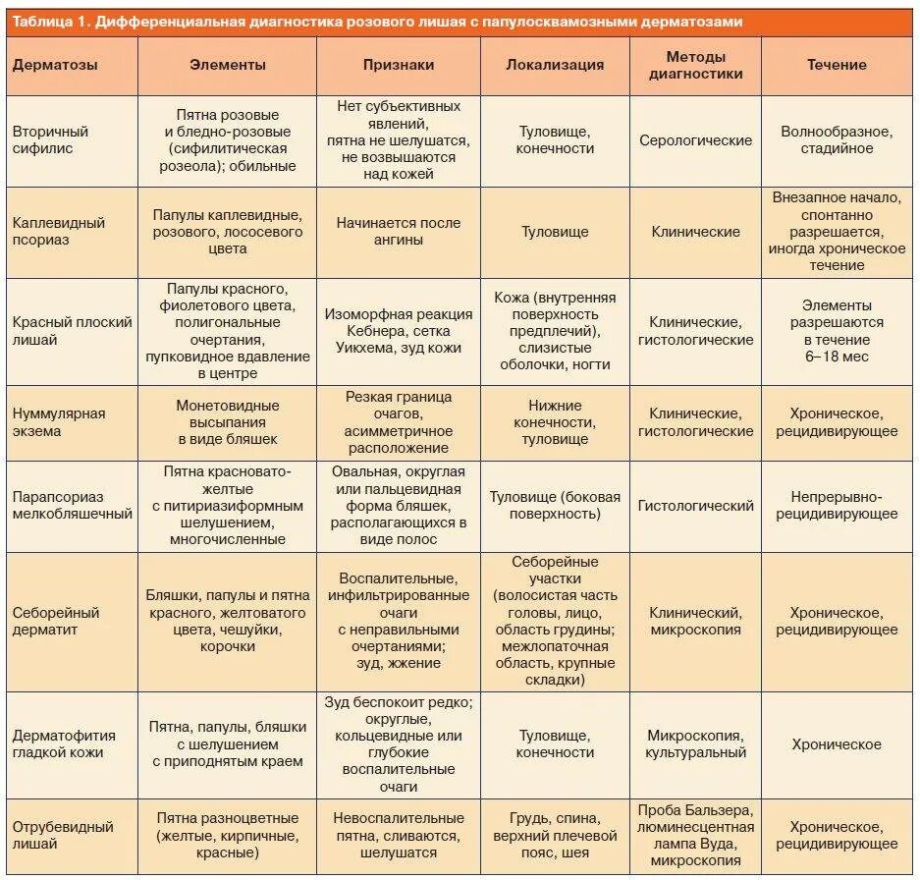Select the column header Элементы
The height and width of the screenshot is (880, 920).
[x=228, y=65]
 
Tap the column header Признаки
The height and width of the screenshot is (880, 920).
[x=399, y=65]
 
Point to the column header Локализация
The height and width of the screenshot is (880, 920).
[x=555, y=65]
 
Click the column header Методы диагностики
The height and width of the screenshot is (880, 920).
[x=696, y=65]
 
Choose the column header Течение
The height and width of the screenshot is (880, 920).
[x=837, y=65]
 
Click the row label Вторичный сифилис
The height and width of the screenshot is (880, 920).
[x=50, y=139]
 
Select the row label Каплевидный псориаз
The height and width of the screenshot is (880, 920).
[x=59, y=232]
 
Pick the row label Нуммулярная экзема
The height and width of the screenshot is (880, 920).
[x=58, y=423]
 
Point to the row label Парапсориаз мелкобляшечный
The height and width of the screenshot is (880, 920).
[x=72, y=505]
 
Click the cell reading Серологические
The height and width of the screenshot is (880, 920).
[x=695, y=139]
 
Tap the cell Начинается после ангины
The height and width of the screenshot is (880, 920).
[x=399, y=232]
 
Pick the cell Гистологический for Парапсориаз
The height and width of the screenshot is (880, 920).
[x=695, y=506]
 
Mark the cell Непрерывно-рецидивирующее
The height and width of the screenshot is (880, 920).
[x=837, y=506]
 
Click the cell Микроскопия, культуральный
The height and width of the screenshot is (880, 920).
[x=695, y=744]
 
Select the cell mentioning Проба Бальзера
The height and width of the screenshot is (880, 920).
[x=695, y=835]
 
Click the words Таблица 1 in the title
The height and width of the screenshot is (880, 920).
[x=44, y=22]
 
